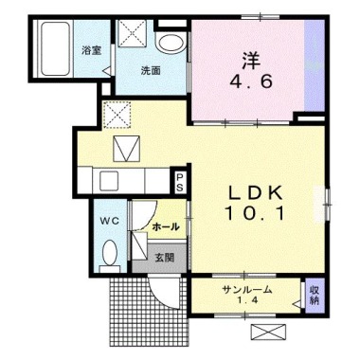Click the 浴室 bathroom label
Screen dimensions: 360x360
(92, 50)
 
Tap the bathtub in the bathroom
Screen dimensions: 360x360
(55, 48)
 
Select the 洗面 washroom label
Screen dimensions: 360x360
(151, 71)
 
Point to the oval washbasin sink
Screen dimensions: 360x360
(171, 44)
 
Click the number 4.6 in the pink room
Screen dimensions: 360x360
(251, 82)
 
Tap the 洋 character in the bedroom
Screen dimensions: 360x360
(251, 61)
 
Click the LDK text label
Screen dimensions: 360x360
(255, 192)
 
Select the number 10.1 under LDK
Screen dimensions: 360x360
(255, 213)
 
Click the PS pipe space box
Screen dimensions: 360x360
(179, 182)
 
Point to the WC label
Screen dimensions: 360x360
(110, 221)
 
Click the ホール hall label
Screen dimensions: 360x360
(166, 226)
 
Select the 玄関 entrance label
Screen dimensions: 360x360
(164, 258)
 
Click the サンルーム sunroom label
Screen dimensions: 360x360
(247, 289)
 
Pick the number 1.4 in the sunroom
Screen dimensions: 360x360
(248, 300)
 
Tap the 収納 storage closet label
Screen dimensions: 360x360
(314, 295)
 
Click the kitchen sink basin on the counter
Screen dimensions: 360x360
(109, 181)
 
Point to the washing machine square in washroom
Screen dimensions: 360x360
(132, 33)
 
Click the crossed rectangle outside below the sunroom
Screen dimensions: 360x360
(270, 332)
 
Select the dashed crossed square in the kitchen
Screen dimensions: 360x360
(117, 115)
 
